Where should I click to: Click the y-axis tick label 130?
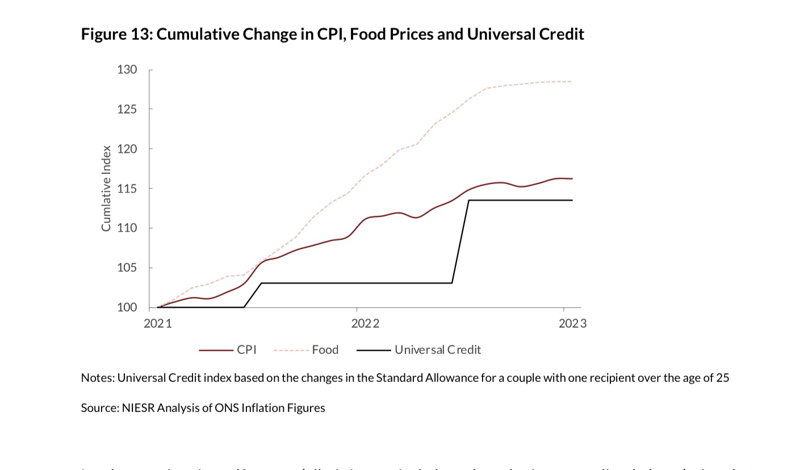[x=127, y=70]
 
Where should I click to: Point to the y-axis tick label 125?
[x=127, y=109]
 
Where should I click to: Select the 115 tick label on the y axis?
[x=127, y=189]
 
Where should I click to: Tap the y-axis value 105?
[x=127, y=268]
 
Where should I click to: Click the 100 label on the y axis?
[x=127, y=307]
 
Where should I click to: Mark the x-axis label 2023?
[x=572, y=324]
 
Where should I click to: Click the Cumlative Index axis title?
[x=106, y=189]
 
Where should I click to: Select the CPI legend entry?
[x=246, y=350]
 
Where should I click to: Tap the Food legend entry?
[x=325, y=350]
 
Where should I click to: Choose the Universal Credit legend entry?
[x=437, y=350]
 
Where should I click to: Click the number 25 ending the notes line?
[x=722, y=378]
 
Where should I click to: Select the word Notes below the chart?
[x=97, y=378]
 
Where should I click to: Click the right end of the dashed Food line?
[x=572, y=82]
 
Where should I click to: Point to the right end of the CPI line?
[x=572, y=178]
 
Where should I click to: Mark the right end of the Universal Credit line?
[x=572, y=200]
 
